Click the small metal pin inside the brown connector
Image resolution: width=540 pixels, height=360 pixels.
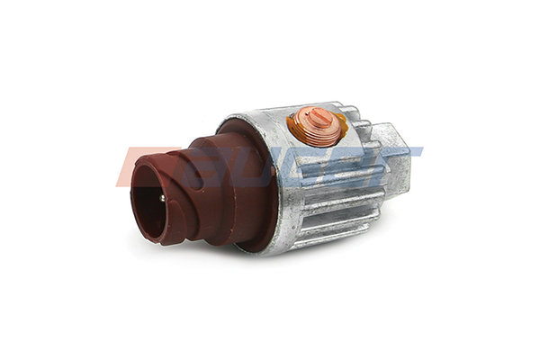161,198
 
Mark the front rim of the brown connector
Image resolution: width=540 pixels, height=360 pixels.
135,180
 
